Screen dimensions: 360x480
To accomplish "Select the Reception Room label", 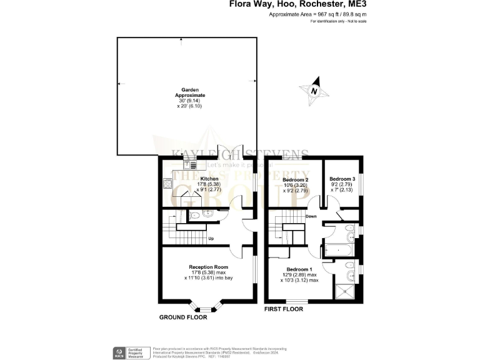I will click(205, 267).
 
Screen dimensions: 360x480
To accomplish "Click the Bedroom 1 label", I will click(298, 270).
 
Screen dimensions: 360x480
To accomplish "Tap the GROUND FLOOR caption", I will click(183, 317).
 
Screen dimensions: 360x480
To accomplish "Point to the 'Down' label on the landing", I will click(311, 217).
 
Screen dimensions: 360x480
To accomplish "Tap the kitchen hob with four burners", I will click(167, 184).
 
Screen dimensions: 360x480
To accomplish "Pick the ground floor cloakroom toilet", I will click(195, 216).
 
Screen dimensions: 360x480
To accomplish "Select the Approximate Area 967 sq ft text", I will click(317, 14).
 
